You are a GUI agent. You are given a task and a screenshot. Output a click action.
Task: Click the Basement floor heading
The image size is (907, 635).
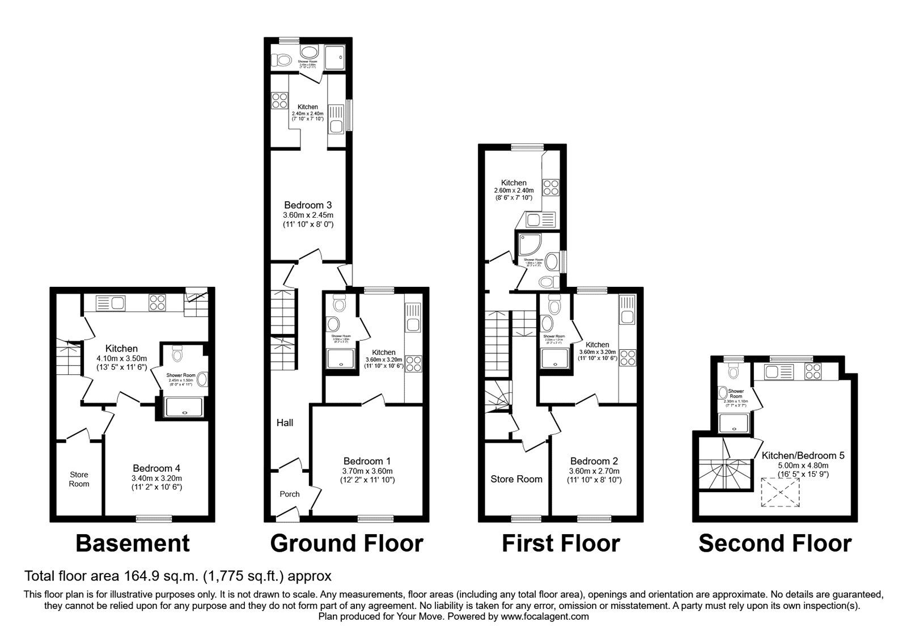(x=133, y=543)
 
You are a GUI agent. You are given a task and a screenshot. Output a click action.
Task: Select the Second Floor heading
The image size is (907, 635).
(x=774, y=543)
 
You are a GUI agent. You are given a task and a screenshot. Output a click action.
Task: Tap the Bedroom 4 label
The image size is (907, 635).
(x=156, y=468)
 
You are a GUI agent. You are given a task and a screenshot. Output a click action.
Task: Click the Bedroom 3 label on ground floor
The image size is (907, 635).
(x=308, y=205)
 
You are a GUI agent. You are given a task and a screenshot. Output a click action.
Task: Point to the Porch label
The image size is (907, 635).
(x=290, y=494)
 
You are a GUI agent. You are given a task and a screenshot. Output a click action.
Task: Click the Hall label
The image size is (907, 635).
(x=285, y=423)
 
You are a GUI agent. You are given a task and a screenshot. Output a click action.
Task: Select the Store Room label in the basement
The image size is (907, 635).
(x=79, y=479)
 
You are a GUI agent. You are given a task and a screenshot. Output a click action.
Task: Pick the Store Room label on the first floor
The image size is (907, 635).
(x=516, y=479)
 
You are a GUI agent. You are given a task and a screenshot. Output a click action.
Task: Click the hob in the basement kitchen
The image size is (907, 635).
(x=157, y=303)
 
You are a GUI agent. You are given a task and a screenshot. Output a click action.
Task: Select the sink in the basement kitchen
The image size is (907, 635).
(x=111, y=303)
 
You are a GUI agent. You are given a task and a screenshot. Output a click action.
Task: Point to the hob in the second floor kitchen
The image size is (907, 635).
(x=813, y=372)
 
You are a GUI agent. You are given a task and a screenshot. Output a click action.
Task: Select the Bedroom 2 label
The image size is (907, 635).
(x=594, y=462)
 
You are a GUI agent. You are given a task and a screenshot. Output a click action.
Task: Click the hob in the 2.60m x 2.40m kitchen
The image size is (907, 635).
(x=550, y=187)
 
